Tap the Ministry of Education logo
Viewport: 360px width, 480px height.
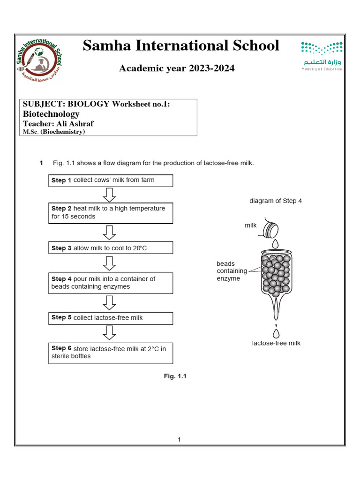tap(321, 56)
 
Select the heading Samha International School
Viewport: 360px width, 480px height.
tap(180, 46)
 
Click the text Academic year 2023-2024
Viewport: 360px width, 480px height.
tap(177, 69)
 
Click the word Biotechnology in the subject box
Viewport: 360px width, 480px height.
tap(51, 114)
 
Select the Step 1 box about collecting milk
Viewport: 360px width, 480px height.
tap(111, 180)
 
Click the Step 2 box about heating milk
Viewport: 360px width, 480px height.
tap(111, 213)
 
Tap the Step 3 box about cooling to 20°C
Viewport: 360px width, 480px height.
tap(111, 248)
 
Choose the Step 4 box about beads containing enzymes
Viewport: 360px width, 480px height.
tap(111, 283)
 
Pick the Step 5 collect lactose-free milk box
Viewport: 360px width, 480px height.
tap(111, 318)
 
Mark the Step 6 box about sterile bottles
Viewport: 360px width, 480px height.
tap(111, 352)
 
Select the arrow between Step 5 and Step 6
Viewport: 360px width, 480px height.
tap(109, 333)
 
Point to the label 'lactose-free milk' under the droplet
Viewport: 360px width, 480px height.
tap(276, 343)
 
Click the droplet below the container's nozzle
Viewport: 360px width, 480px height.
tap(276, 333)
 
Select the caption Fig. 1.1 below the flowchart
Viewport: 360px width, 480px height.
tap(175, 376)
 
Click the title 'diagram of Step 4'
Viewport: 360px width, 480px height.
tap(276, 201)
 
